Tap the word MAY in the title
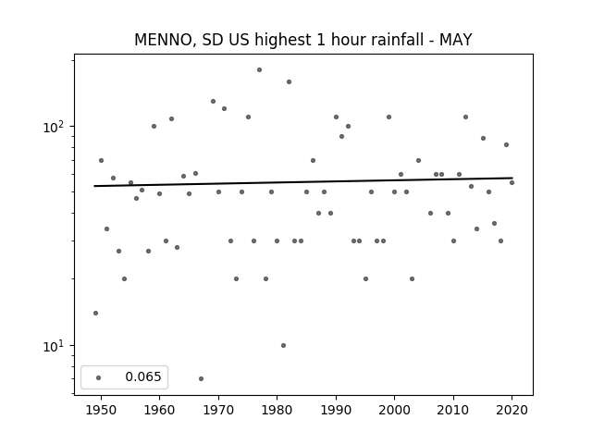point(456,40)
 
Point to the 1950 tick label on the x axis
point(101,410)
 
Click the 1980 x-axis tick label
point(277,410)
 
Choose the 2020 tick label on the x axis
point(512,410)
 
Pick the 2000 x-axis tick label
point(395,410)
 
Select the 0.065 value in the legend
point(143,376)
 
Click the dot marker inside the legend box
point(99,377)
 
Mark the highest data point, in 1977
point(259,70)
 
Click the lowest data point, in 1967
point(201,378)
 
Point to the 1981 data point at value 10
point(284,345)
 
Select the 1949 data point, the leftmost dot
point(95,313)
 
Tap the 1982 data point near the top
point(289,82)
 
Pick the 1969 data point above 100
point(213,101)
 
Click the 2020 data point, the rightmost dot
point(512,183)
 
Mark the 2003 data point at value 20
point(412,279)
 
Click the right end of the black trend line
point(512,178)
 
